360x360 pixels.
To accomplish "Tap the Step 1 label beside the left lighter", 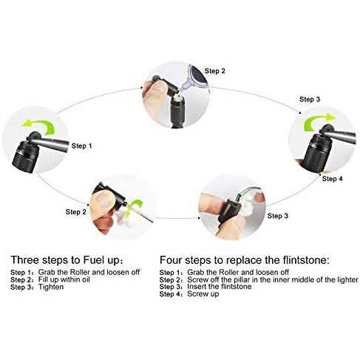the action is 81,146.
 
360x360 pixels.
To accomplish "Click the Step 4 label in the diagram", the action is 332,179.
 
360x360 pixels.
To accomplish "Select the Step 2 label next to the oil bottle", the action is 215,71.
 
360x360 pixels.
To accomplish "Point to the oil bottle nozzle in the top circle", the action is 184,86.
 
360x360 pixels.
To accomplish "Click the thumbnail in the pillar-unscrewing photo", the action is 101,200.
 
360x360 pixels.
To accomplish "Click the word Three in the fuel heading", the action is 25,260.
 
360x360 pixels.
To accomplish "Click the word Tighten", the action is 51,287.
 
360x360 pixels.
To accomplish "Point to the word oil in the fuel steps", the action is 86,279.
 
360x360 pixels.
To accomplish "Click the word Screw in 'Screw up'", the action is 197,293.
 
